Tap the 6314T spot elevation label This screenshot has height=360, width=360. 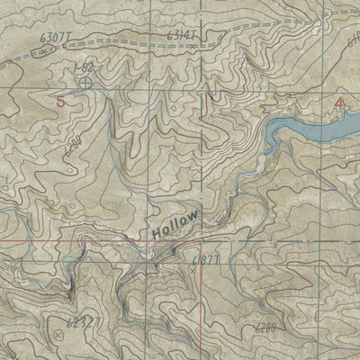click(183, 35)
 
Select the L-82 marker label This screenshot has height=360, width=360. click(84, 67)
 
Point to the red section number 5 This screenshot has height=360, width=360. click(60, 102)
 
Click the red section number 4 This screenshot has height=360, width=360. click(338, 103)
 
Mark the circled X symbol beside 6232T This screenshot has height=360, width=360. click(59, 333)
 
